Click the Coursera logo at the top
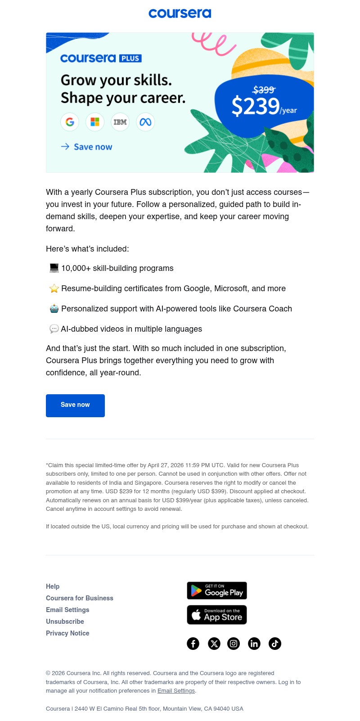tap(180, 14)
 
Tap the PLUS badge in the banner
tap(130, 58)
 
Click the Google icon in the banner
tap(70, 122)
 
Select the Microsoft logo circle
tap(95, 122)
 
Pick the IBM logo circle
tap(120, 122)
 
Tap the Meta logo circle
tap(145, 122)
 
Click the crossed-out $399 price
tap(264, 90)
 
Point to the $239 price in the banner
tap(256, 107)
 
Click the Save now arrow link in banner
tap(87, 147)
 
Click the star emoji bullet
tap(54, 288)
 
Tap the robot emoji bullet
tap(54, 309)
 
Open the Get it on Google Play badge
tap(217, 590)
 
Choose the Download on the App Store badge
tap(217, 615)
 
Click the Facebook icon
tap(193, 644)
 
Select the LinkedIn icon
tap(254, 644)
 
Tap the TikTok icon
tap(275, 644)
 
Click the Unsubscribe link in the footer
tap(65, 622)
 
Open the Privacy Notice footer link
tap(67, 633)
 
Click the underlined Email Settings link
tap(176, 691)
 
